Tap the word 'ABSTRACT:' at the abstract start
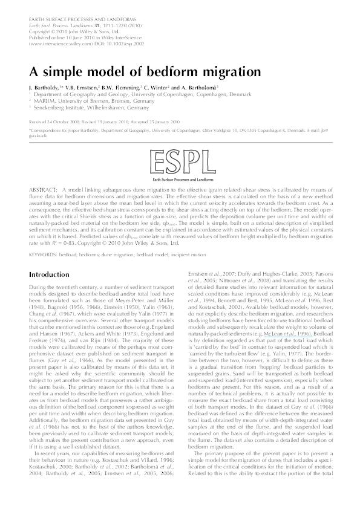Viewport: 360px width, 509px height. (x=43, y=190)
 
